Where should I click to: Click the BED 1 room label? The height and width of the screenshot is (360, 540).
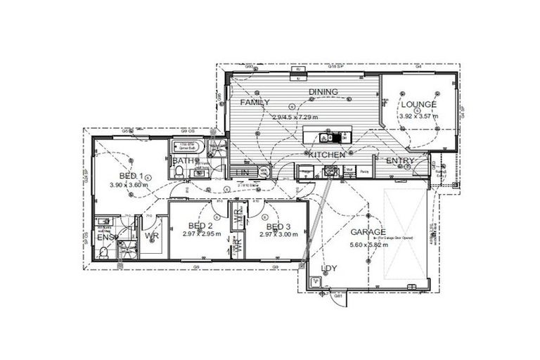coord(131,176)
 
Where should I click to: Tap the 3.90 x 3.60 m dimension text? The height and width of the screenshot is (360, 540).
coord(131,185)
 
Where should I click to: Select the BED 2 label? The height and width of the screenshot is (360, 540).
coord(202,226)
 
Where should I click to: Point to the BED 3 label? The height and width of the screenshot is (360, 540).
coord(279,226)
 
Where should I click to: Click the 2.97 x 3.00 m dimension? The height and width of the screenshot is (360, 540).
coord(279,235)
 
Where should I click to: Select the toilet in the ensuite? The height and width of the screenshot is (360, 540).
coord(103,256)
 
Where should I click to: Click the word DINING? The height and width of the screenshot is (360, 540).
coord(323,92)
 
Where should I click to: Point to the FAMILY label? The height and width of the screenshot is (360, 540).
coord(255,103)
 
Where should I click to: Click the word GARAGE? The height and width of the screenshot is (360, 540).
coord(368,232)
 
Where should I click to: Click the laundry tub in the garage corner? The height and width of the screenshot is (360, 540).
coord(314,282)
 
